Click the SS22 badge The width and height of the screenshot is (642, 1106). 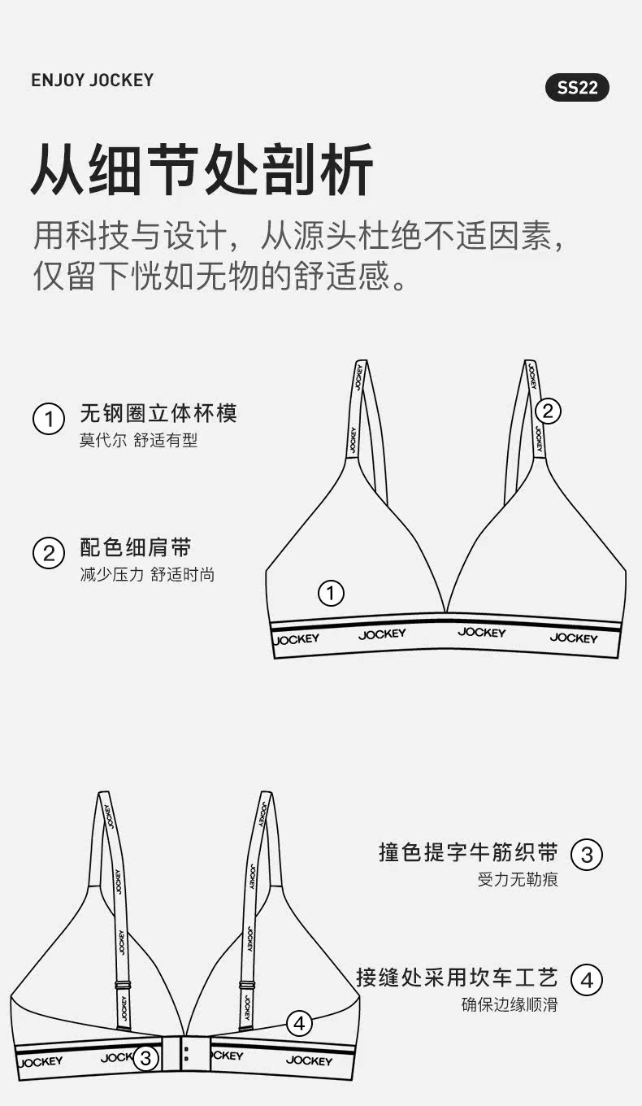point(577,87)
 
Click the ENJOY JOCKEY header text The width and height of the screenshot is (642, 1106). point(93,80)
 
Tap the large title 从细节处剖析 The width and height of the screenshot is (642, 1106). point(202,169)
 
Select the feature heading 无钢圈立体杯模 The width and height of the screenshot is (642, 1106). point(158,413)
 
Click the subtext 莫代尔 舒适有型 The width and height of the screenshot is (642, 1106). point(139,440)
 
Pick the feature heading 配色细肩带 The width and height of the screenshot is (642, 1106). point(136,547)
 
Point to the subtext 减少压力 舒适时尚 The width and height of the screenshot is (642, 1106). point(147,575)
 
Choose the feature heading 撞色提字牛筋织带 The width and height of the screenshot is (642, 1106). point(468,852)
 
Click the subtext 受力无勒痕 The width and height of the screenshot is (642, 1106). point(518,879)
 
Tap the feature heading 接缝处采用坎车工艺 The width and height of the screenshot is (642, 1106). point(457,978)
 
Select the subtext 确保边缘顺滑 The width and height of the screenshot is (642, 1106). point(510,1004)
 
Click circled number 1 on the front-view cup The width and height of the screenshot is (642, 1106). point(331,593)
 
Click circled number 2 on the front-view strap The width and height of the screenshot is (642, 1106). point(549,411)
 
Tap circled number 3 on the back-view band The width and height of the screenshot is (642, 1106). point(145,1057)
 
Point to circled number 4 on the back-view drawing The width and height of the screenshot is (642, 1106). point(300,1024)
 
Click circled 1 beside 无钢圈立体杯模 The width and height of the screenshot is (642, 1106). point(49,419)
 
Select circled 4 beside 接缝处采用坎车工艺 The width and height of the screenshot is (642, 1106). point(587,980)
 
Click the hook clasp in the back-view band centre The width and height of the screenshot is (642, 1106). point(186,1054)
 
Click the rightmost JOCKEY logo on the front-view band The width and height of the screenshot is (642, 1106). point(574,638)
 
